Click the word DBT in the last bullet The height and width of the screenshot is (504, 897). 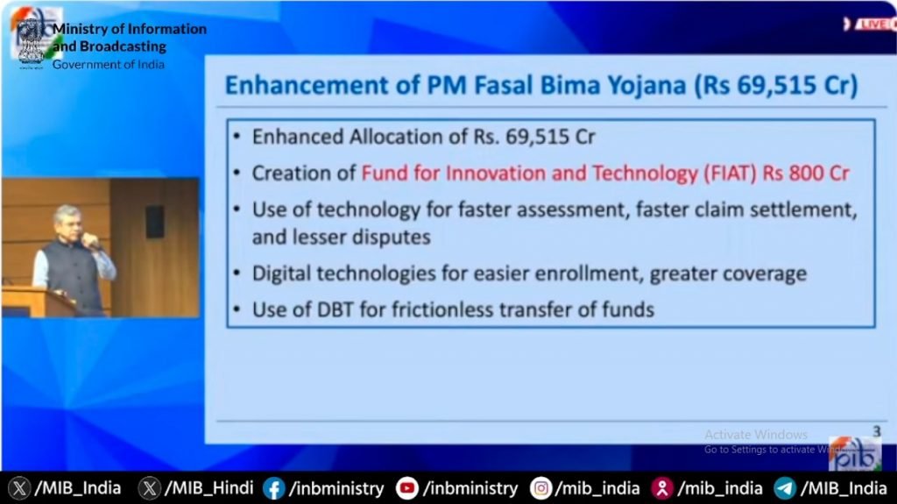pyautogui.click(x=335, y=309)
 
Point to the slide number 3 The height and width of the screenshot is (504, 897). pyautogui.click(x=876, y=431)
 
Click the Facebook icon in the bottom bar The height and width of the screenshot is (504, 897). pyautogui.click(x=273, y=488)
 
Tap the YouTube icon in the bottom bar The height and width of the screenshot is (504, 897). pyautogui.click(x=406, y=488)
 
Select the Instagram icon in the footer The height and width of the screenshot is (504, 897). pyautogui.click(x=540, y=488)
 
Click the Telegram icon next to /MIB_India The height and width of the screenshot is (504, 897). pyautogui.click(x=785, y=488)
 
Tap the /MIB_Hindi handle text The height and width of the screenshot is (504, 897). pyautogui.click(x=208, y=488)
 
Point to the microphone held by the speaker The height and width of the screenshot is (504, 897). pyautogui.click(x=91, y=242)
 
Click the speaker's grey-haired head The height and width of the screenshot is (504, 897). pyautogui.click(x=67, y=221)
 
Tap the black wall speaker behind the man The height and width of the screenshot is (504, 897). pyautogui.click(x=155, y=223)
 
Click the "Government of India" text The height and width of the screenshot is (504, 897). pyautogui.click(x=109, y=64)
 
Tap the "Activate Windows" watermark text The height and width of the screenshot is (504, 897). pyautogui.click(x=756, y=435)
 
